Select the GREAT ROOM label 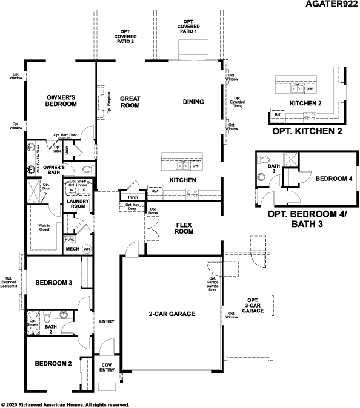tap(130, 102)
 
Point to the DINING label tap(193, 102)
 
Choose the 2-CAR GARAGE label tap(172, 314)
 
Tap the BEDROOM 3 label tap(53, 283)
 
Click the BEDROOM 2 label tap(53, 364)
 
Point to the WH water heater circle tap(86, 249)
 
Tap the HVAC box tap(69, 239)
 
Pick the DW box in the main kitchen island tap(195, 165)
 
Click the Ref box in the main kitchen tap(155, 191)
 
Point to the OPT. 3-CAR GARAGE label tap(252, 305)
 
